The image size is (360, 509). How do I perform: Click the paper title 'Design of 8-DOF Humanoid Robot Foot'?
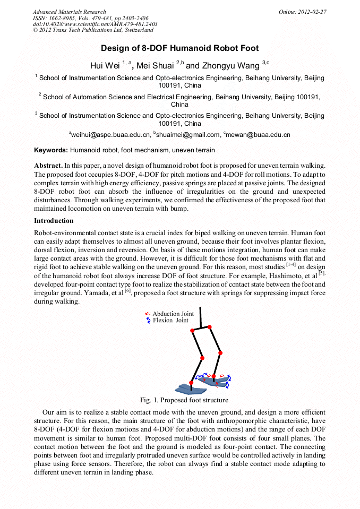(x=179, y=48)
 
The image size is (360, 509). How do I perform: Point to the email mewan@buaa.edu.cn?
(x=258, y=135)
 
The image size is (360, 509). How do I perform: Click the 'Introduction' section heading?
(x=54, y=220)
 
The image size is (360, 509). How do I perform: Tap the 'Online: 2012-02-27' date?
(x=302, y=12)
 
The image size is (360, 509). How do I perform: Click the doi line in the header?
(x=95, y=24)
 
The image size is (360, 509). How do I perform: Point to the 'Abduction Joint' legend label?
(x=173, y=314)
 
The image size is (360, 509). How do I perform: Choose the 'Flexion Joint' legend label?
(x=170, y=321)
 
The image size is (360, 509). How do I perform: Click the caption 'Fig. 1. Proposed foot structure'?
(x=184, y=400)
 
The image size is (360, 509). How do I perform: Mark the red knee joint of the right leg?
(x=220, y=352)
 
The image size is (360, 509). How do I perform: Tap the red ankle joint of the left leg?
(x=192, y=382)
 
